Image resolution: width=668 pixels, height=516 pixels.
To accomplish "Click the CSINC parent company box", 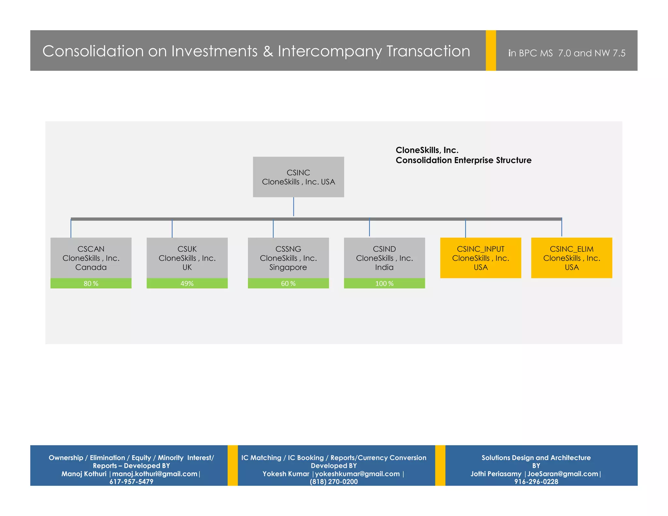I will [x=298, y=177].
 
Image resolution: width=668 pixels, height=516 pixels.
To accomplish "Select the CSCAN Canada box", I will [x=91, y=258].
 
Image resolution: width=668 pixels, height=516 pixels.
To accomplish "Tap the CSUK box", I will [x=187, y=258].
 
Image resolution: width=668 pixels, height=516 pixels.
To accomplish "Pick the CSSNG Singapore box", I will [x=288, y=258].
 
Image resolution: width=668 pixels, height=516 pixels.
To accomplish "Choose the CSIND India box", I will [x=384, y=258].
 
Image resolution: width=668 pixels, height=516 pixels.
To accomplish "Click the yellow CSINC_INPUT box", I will [x=480, y=258].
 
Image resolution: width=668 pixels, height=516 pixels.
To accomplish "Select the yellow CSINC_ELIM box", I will [x=571, y=258].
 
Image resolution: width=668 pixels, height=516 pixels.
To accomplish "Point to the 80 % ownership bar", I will [x=91, y=283].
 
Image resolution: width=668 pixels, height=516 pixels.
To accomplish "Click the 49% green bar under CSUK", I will [x=187, y=283].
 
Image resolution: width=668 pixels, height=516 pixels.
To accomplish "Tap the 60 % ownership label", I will [x=288, y=283].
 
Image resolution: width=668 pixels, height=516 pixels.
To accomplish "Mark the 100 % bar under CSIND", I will [x=384, y=283].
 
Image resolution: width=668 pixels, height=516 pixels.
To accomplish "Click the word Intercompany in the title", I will [x=329, y=52].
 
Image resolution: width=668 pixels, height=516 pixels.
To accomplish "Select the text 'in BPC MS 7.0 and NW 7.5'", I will [x=567, y=53].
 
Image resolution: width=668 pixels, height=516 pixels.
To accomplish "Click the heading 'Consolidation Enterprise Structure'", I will [x=463, y=160].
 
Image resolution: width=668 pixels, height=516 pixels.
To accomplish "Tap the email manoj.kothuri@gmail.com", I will [x=155, y=474].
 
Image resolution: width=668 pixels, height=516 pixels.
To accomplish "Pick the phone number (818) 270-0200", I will [x=333, y=481].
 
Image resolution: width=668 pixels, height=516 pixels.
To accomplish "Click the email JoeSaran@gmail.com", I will [x=563, y=474].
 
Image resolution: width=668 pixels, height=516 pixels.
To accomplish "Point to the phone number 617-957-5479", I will [x=131, y=481].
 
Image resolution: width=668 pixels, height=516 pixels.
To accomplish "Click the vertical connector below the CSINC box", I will [x=294, y=207].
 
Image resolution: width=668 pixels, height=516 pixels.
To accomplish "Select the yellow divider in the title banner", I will [x=491, y=50].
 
